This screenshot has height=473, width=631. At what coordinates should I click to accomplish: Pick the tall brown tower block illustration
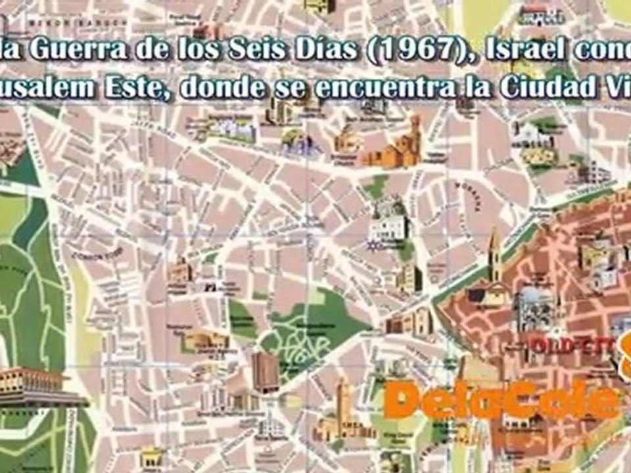(266, 372)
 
